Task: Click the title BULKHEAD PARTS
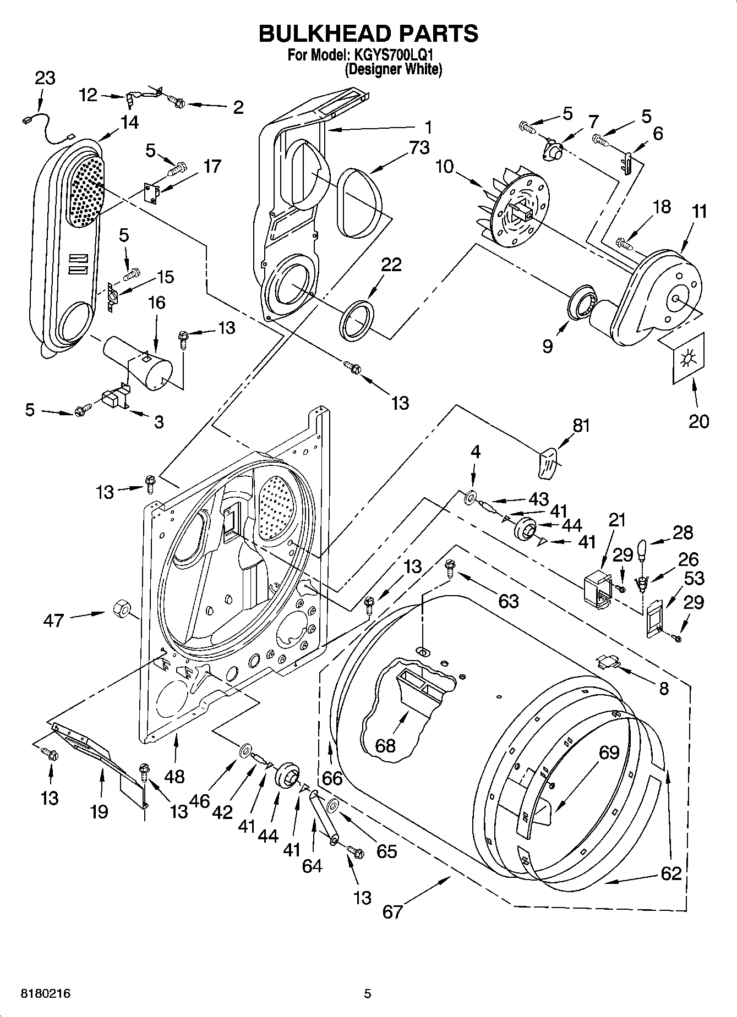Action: pos(368,34)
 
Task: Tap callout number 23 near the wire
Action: pos(45,78)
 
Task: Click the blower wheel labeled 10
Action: pos(512,206)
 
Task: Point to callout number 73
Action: pos(419,147)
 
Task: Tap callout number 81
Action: pos(582,425)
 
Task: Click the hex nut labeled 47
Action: pos(121,609)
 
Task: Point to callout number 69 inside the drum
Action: pos(609,752)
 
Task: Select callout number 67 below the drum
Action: pos(393,911)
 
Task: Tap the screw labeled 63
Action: pos(450,567)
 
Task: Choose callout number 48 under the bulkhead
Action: pos(175,776)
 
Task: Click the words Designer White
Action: pos(394,70)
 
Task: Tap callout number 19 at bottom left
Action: pos(100,811)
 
